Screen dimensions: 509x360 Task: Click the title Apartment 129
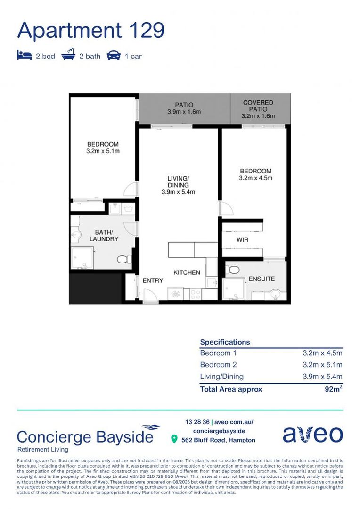(x=91, y=30)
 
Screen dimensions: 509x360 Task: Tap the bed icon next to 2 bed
(x=24, y=56)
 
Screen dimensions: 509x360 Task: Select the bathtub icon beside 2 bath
(x=68, y=56)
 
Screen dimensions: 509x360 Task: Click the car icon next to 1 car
(x=114, y=56)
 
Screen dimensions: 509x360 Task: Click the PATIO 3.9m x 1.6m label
(x=184, y=108)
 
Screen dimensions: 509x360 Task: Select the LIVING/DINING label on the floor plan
(x=178, y=185)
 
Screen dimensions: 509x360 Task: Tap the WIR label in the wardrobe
(x=242, y=240)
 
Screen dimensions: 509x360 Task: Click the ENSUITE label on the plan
(x=262, y=279)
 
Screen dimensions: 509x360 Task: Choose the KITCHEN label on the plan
(x=187, y=272)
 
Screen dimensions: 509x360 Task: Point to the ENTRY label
(x=153, y=280)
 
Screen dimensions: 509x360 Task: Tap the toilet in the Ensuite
(x=233, y=270)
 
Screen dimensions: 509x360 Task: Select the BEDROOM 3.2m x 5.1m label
(x=102, y=148)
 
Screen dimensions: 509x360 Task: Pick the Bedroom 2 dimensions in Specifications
(x=322, y=365)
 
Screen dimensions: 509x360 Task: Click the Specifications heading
(x=225, y=342)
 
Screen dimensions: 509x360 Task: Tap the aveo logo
(x=312, y=435)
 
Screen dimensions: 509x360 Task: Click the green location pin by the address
(x=174, y=440)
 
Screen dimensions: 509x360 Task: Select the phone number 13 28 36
(x=197, y=422)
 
